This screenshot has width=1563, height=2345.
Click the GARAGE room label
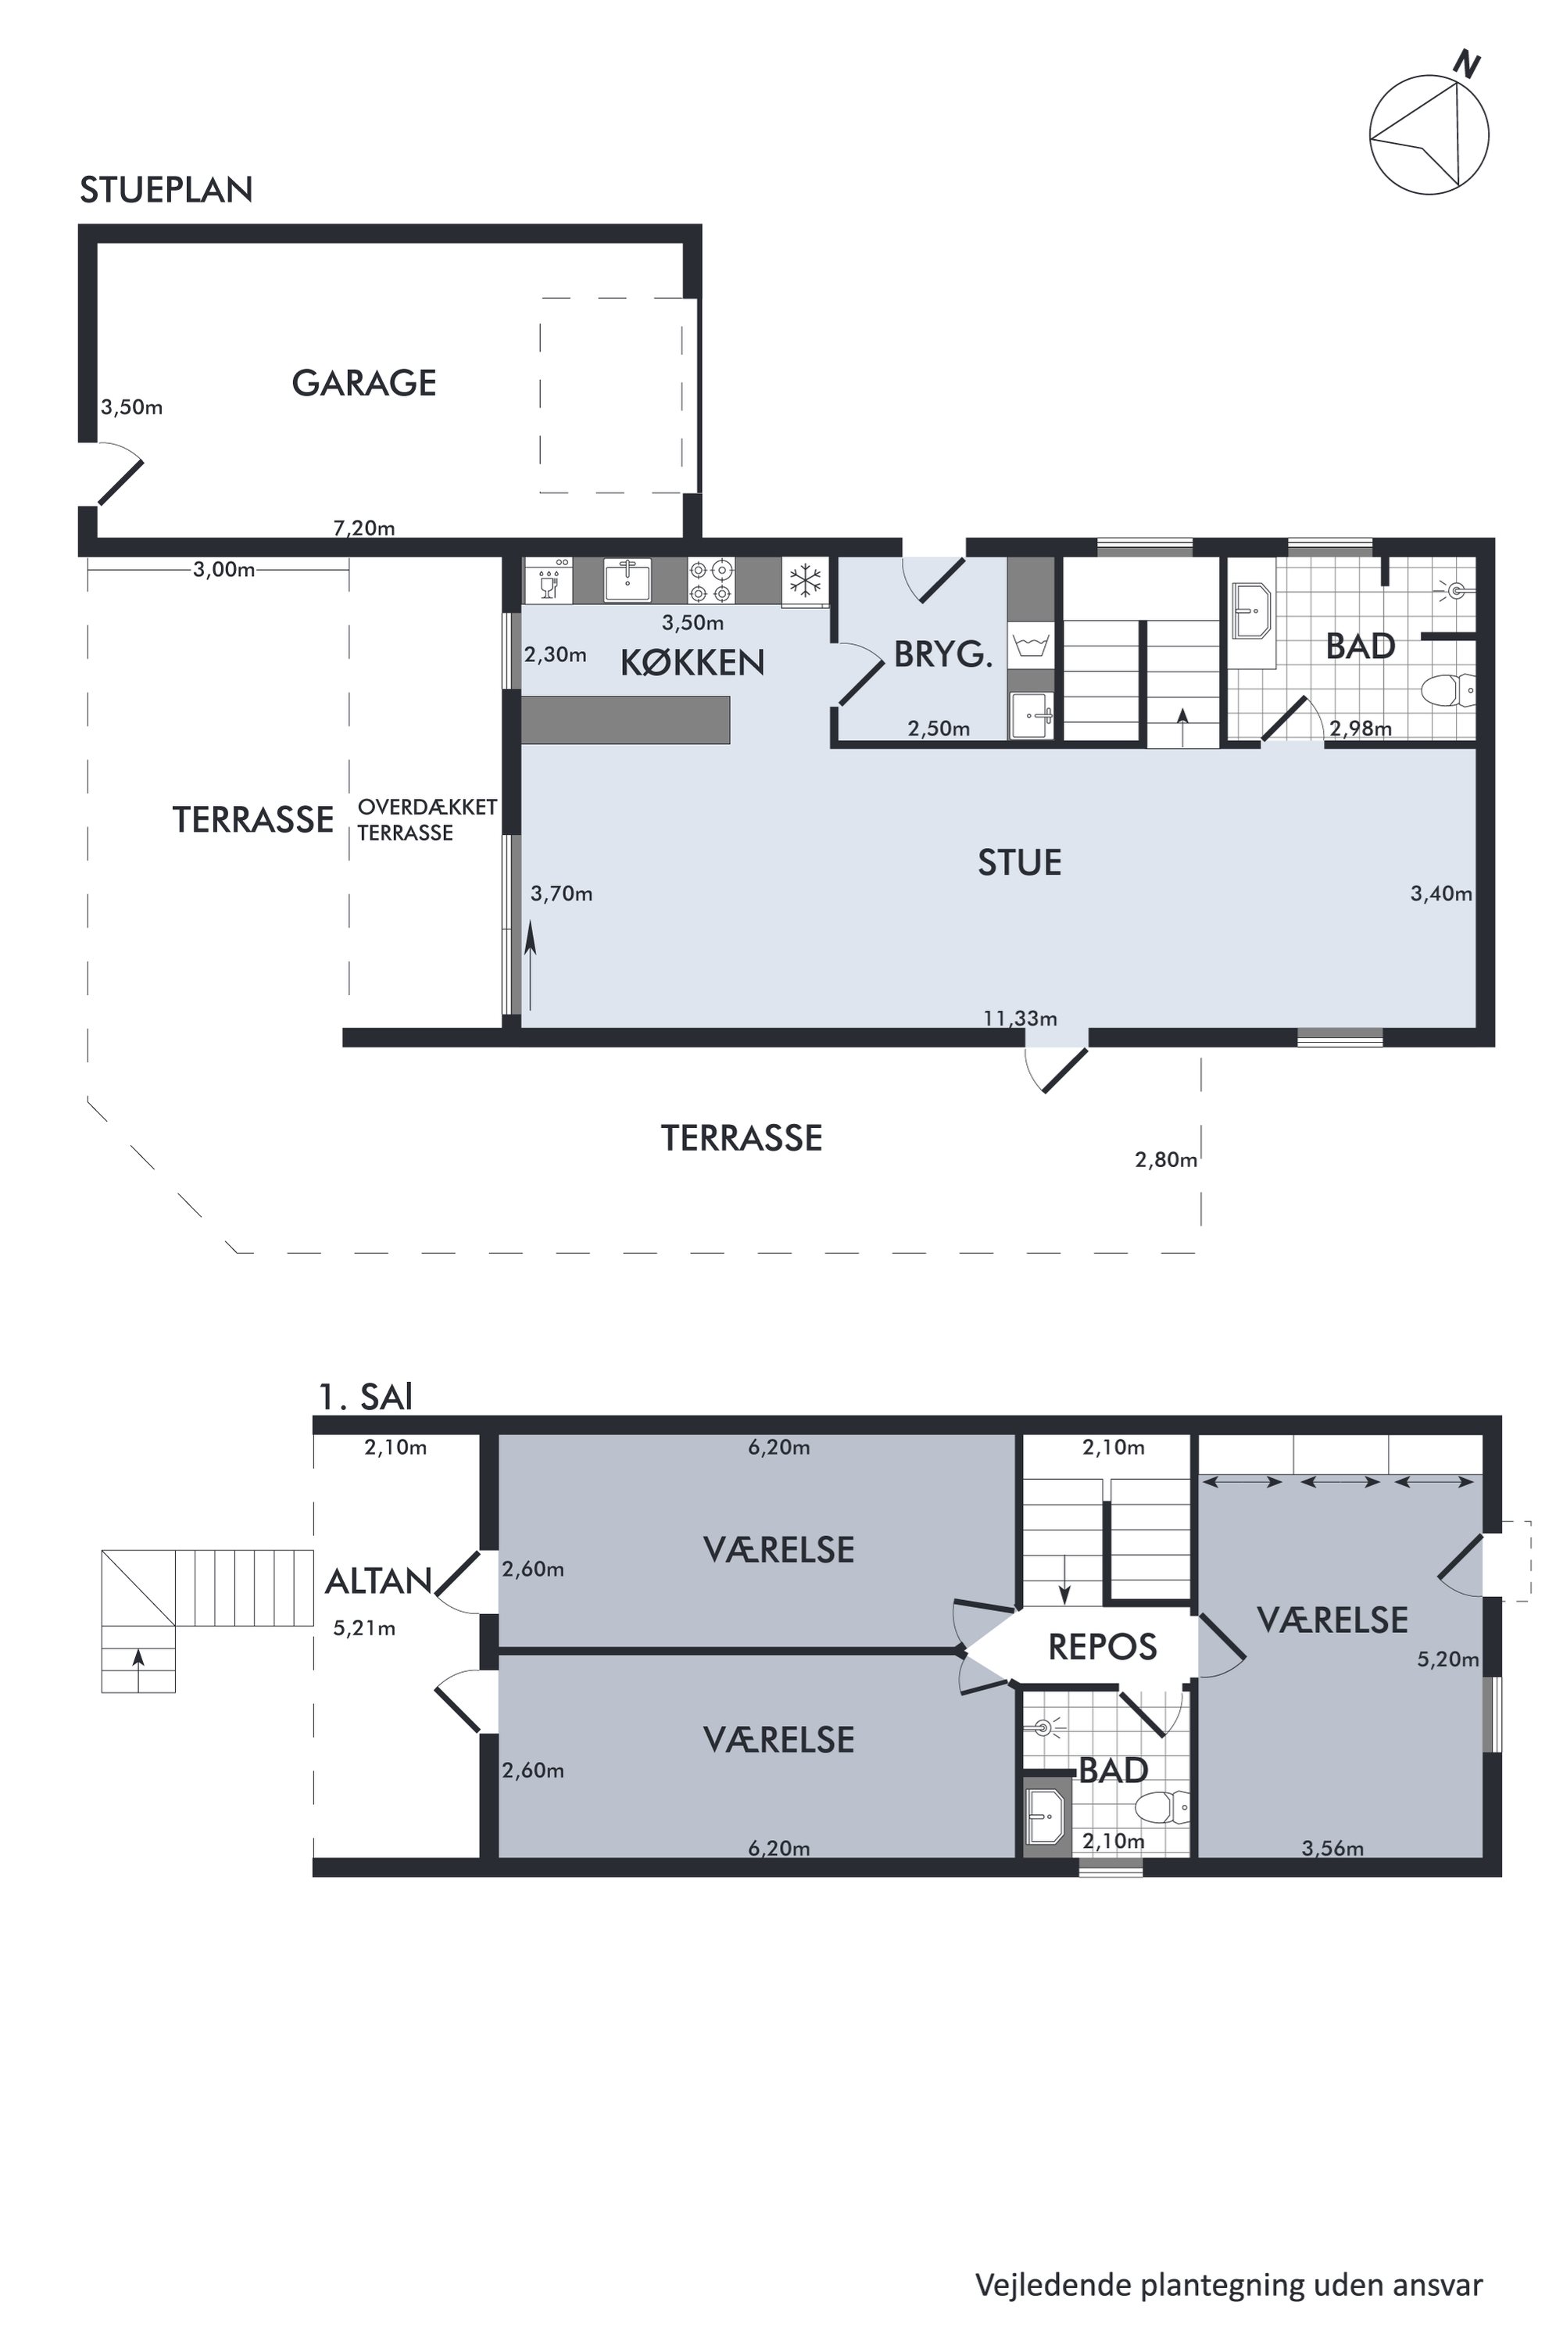(x=364, y=383)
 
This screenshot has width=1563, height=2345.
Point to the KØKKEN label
(x=692, y=662)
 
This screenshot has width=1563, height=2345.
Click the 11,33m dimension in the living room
(x=1020, y=1018)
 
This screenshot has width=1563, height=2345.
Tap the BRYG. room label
(x=943, y=654)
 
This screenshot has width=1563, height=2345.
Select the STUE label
(x=1019, y=862)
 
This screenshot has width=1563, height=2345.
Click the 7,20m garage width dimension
(x=364, y=528)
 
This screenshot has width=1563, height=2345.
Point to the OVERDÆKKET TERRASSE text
(x=427, y=819)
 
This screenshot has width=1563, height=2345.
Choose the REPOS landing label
(x=1103, y=1647)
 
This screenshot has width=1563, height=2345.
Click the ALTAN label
(x=379, y=1581)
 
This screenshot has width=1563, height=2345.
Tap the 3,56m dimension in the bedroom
(x=1332, y=1849)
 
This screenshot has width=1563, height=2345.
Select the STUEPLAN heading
(x=166, y=189)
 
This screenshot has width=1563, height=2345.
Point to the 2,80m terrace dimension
(x=1166, y=1159)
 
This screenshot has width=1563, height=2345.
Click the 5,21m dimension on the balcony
(x=365, y=1628)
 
